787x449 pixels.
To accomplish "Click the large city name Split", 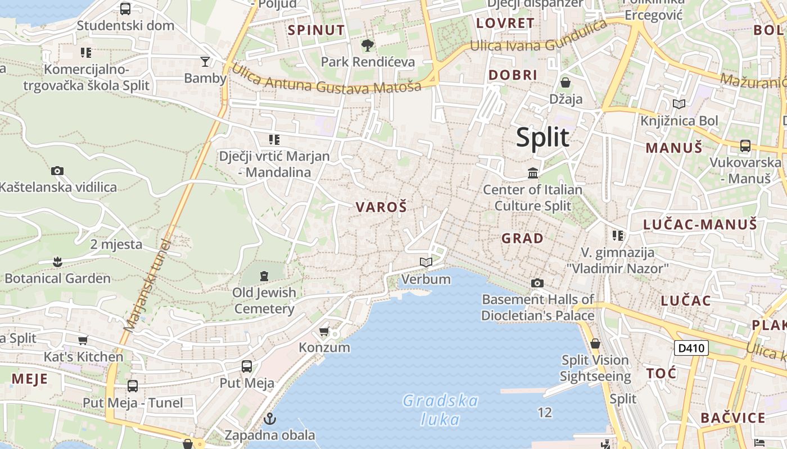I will [542, 138].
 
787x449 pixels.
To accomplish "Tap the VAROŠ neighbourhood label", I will [381, 207].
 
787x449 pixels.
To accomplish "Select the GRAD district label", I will [522, 238].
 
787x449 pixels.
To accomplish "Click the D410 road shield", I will [691, 348].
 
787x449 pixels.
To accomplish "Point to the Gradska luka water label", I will [440, 410].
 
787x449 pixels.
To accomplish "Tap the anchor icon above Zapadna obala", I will [270, 419].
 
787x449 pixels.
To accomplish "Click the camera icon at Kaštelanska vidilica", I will [57, 171].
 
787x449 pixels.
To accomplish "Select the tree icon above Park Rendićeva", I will [368, 45].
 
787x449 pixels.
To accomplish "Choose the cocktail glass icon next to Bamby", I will [205, 61].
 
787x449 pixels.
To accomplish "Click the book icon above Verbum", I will [426, 262].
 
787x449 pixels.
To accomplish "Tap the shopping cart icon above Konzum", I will [324, 331].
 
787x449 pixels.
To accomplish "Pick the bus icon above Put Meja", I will [246, 366].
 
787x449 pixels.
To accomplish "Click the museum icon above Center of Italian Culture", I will [532, 173].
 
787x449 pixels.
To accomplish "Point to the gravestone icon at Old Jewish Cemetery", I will [264, 276].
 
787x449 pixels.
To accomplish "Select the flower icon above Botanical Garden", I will [57, 262].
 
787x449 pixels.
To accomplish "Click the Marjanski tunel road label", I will [147, 286].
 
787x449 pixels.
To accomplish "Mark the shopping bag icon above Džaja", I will [566, 83].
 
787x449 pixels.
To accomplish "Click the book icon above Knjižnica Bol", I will [679, 104].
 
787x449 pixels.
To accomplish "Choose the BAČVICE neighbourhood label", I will [733, 418].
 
